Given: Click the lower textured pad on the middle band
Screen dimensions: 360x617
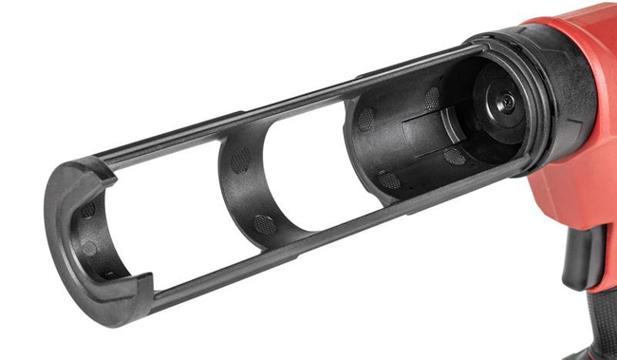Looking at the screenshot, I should pos(265,224).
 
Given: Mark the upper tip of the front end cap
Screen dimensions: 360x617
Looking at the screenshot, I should pos(82,170).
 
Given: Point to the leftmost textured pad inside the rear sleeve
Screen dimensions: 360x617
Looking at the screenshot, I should pos(365,119).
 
